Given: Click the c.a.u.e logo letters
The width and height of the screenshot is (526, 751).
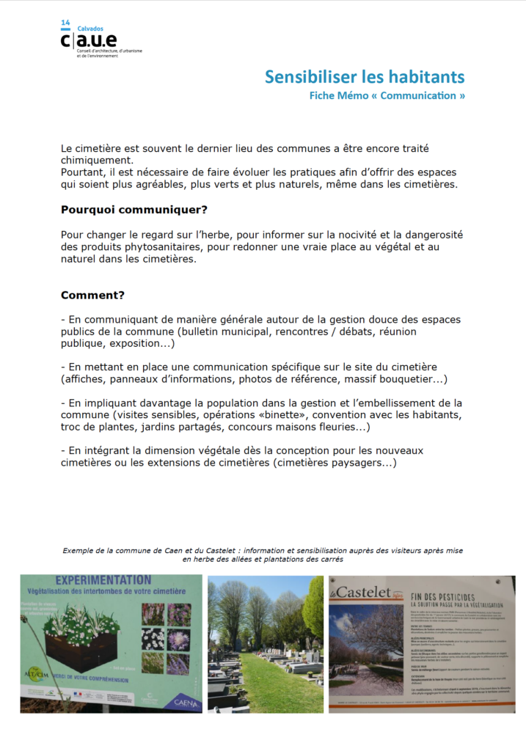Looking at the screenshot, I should click(x=88, y=40).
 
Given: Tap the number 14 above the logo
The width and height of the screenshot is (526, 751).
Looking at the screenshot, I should click(x=66, y=23).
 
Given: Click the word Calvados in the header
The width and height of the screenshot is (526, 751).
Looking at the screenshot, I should click(x=90, y=29).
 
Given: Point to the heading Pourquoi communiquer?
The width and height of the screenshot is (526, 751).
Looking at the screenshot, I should click(x=134, y=210).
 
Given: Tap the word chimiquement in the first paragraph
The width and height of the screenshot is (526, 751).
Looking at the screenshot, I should click(x=97, y=160).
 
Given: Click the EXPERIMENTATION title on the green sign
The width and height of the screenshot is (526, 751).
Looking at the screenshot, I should click(x=103, y=580).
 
